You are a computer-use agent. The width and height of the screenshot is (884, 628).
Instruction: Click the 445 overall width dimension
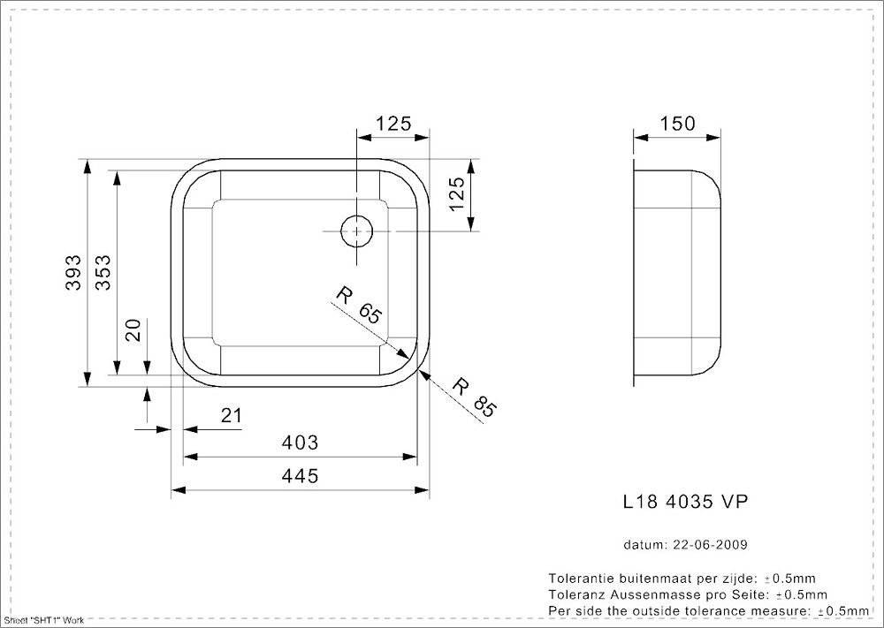tap(301, 476)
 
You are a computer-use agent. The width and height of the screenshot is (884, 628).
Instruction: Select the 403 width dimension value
tap(301, 442)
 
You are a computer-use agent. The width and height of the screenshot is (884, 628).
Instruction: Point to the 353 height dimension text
tap(103, 272)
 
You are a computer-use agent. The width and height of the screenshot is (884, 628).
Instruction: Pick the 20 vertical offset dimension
tap(133, 330)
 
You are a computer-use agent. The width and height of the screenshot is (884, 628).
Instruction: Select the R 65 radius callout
tap(357, 306)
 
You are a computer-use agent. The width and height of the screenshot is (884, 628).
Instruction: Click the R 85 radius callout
tap(474, 397)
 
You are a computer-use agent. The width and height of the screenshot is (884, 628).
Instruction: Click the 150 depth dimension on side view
tap(678, 123)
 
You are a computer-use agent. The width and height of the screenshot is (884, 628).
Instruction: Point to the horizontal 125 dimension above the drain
tap(393, 124)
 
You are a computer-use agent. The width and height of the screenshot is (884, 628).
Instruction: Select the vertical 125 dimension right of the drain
tap(456, 194)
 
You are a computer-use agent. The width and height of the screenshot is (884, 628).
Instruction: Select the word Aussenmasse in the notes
tap(636, 594)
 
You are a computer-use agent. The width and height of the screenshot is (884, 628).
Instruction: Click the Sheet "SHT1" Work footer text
tap(43, 622)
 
